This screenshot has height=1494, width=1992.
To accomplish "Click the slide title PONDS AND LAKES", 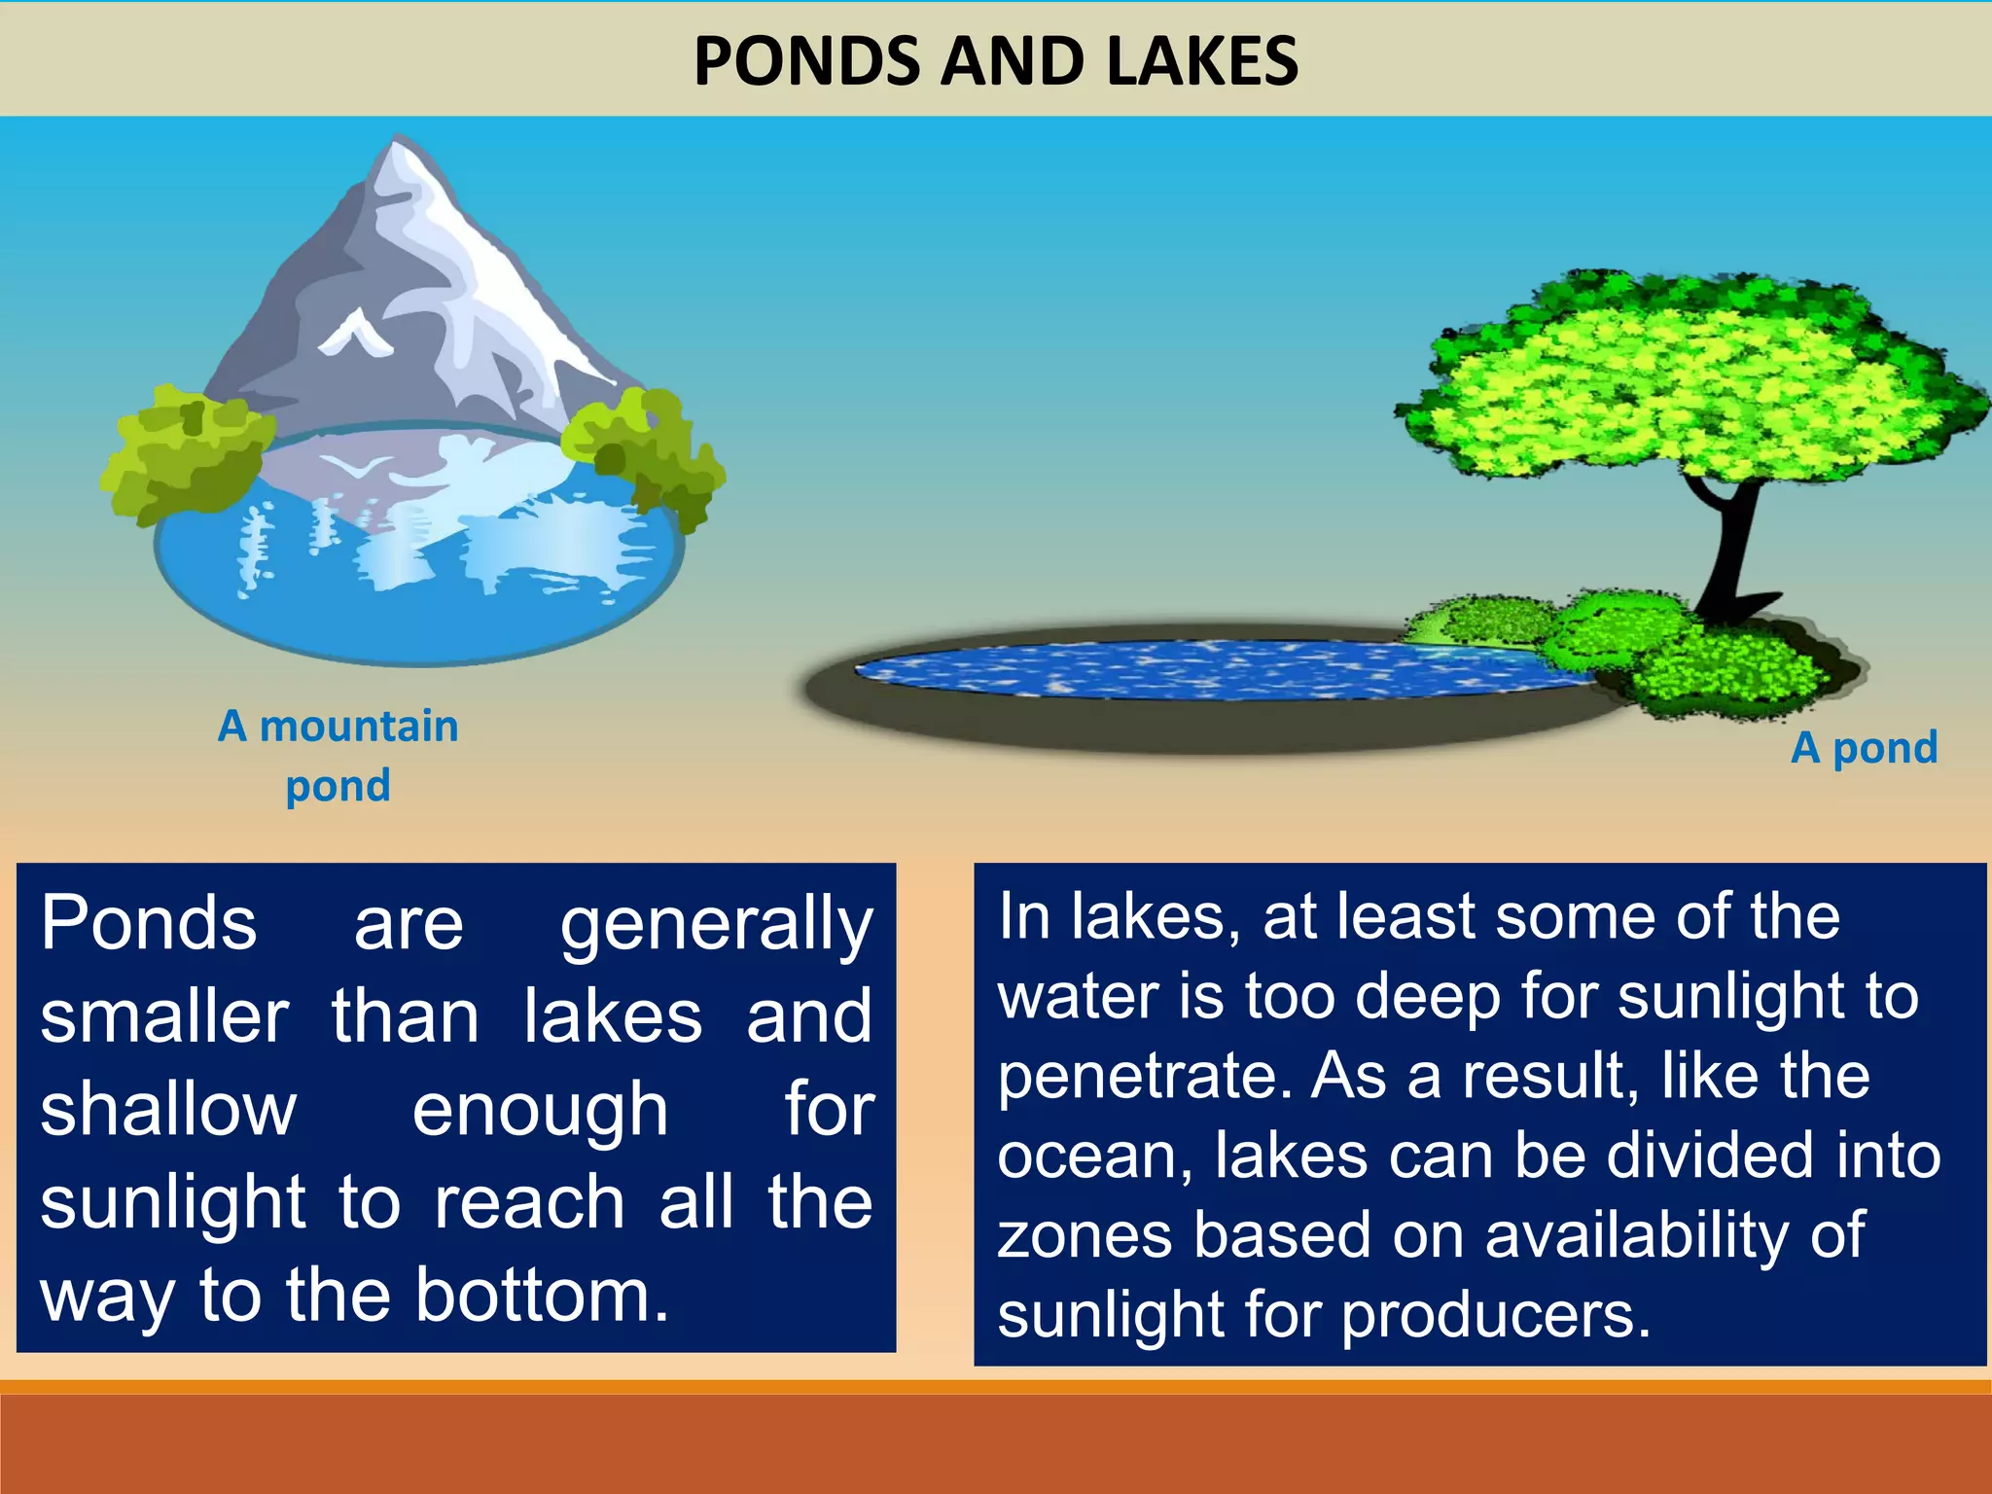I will tap(995, 60).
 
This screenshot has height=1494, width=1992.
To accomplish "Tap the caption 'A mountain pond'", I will tap(338, 755).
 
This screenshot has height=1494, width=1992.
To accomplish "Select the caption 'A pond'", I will tap(1864, 747).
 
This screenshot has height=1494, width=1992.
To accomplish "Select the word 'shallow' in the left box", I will tap(168, 1109).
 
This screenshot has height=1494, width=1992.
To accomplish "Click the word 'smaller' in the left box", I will tap(164, 1016).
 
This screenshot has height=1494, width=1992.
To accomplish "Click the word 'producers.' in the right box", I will tap(1497, 1315).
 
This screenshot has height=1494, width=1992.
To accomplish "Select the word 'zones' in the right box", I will tap(1085, 1235).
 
